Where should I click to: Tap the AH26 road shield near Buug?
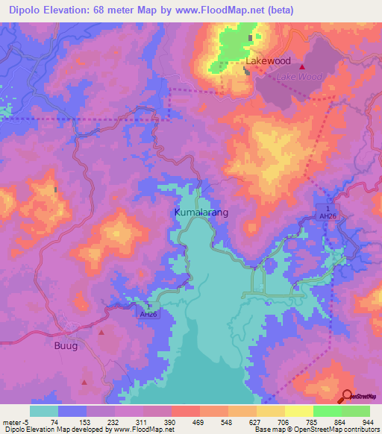coord(148,315)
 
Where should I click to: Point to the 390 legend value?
coord(171,422)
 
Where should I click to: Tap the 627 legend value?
coord(256,422)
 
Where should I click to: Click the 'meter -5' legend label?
coord(16,422)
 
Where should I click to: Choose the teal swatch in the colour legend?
coord(44,411)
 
